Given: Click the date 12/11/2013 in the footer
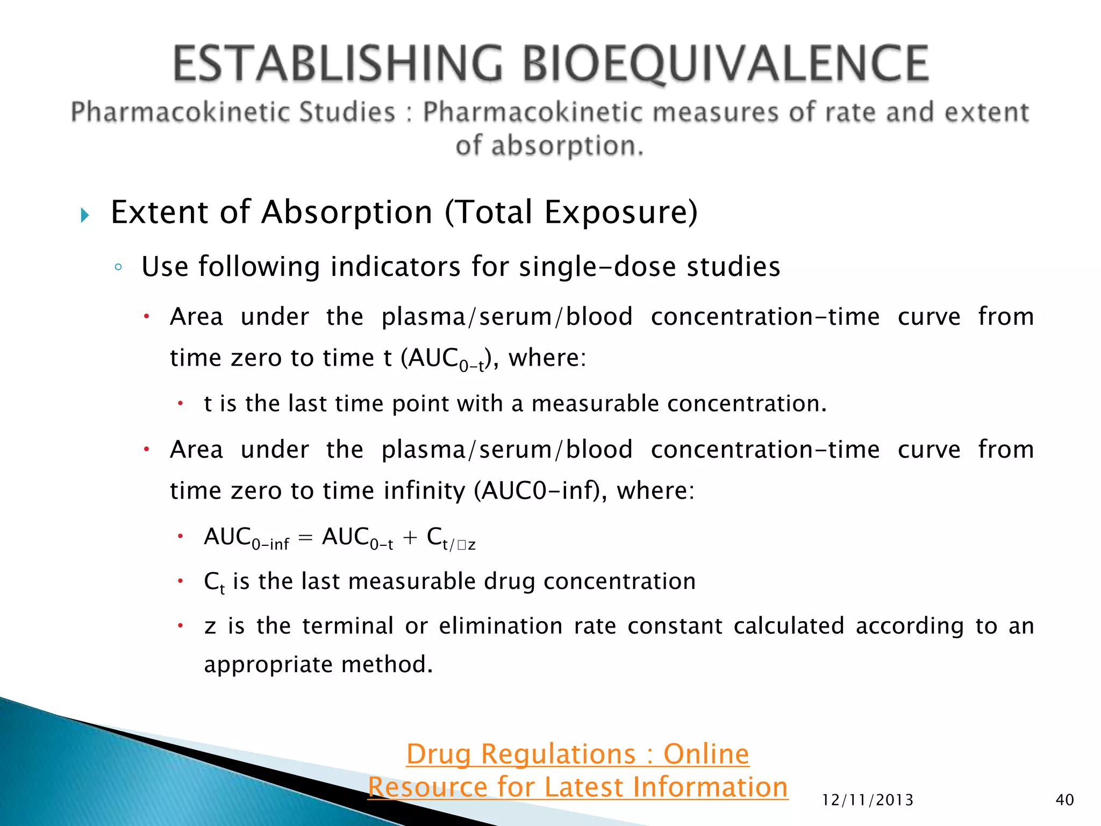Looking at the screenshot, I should [868, 800].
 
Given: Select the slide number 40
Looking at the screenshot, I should [1064, 800].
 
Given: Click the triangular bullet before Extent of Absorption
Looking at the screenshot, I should [84, 216].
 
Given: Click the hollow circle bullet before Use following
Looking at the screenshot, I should [119, 267].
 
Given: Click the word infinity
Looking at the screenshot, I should [425, 490].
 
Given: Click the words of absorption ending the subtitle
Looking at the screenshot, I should [549, 146].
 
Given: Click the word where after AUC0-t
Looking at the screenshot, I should [543, 358].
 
